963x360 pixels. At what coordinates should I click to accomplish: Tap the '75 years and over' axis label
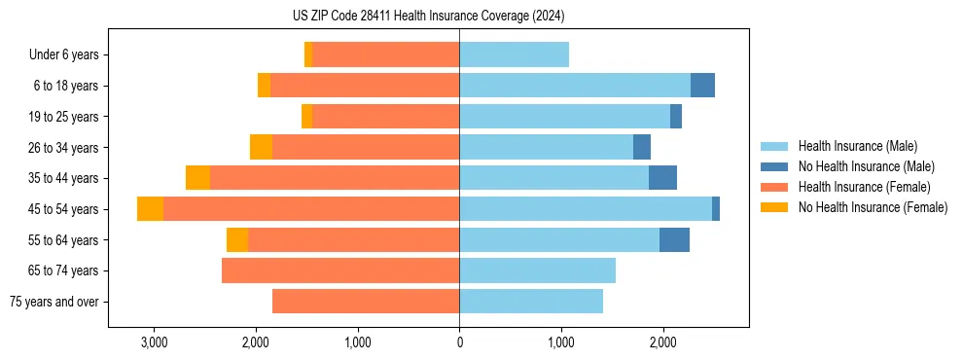point(54,302)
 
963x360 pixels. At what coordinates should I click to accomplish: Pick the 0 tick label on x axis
point(459,342)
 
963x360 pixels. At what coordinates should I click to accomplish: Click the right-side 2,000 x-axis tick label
point(662,342)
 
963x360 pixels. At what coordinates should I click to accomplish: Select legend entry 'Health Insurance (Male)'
point(851,146)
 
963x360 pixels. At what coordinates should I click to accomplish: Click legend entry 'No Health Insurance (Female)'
point(873,207)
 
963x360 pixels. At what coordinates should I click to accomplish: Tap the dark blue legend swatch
point(774,166)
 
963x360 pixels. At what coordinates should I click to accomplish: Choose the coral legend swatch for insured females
point(774,187)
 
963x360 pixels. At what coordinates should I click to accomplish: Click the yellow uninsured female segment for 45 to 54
point(150,209)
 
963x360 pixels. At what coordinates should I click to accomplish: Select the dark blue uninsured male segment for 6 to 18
point(702,86)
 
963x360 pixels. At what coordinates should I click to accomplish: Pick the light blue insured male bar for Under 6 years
point(514,55)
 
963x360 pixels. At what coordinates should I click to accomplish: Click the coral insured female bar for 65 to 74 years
point(340,270)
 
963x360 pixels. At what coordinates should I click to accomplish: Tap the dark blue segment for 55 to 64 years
point(674,240)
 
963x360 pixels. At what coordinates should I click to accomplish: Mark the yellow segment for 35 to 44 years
point(197,178)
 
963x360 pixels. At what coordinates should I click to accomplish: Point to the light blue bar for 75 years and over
point(531,302)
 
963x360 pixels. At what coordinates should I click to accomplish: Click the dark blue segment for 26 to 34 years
point(642,148)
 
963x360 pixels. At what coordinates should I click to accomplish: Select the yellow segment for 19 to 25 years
point(307,117)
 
